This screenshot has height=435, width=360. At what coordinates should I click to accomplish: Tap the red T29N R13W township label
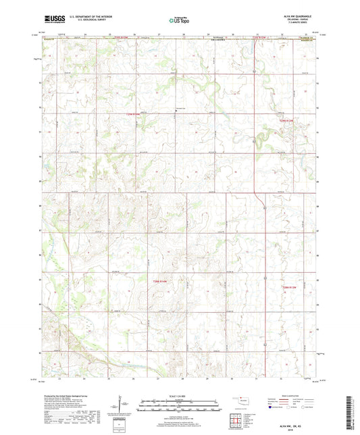click(288, 120)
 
